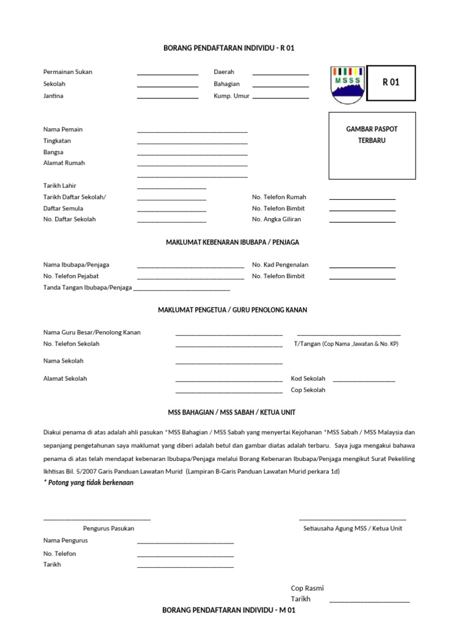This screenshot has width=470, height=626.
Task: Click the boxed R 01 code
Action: tap(390, 83)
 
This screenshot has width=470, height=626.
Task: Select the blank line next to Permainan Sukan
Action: tap(167, 74)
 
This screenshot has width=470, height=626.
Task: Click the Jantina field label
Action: tap(53, 96)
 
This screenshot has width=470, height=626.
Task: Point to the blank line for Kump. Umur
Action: tap(280, 98)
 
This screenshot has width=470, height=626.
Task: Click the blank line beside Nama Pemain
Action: tap(192, 131)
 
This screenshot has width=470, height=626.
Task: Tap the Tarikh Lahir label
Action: tap(59, 185)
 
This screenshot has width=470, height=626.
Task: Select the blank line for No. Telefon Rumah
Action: tap(362, 199)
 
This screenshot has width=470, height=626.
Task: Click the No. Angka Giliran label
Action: tap(277, 219)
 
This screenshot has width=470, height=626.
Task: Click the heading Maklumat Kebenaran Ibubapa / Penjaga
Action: tap(233, 242)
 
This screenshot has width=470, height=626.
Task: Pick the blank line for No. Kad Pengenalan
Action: tap(362, 267)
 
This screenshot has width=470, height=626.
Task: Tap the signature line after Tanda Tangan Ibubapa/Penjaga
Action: tap(182, 289)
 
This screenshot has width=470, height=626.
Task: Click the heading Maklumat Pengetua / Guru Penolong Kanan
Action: tap(233, 310)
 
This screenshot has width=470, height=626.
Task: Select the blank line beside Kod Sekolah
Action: tap(364, 381)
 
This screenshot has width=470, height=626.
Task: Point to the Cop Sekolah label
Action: tap(308, 390)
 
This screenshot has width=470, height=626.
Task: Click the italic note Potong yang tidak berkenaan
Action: tap(88, 483)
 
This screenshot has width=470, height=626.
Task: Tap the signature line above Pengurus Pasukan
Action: tap(97, 520)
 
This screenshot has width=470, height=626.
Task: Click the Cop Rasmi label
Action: tap(307, 588)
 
